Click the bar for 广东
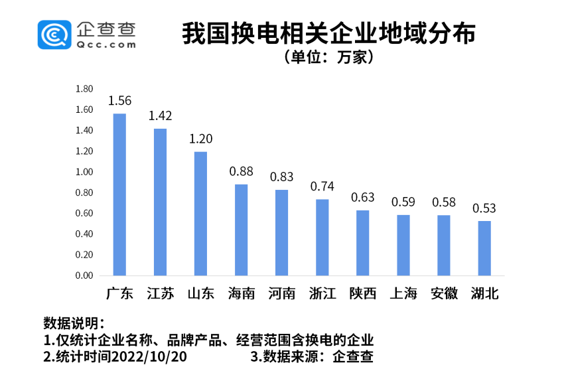119,194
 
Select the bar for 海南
242,230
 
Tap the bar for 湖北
484,248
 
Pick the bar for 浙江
322,237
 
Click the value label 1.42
160,116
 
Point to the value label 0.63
363,198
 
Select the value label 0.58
444,202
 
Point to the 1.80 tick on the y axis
84,89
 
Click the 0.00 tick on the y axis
84,275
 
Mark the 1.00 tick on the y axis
84,172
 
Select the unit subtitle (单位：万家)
330,58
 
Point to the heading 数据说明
73,324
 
